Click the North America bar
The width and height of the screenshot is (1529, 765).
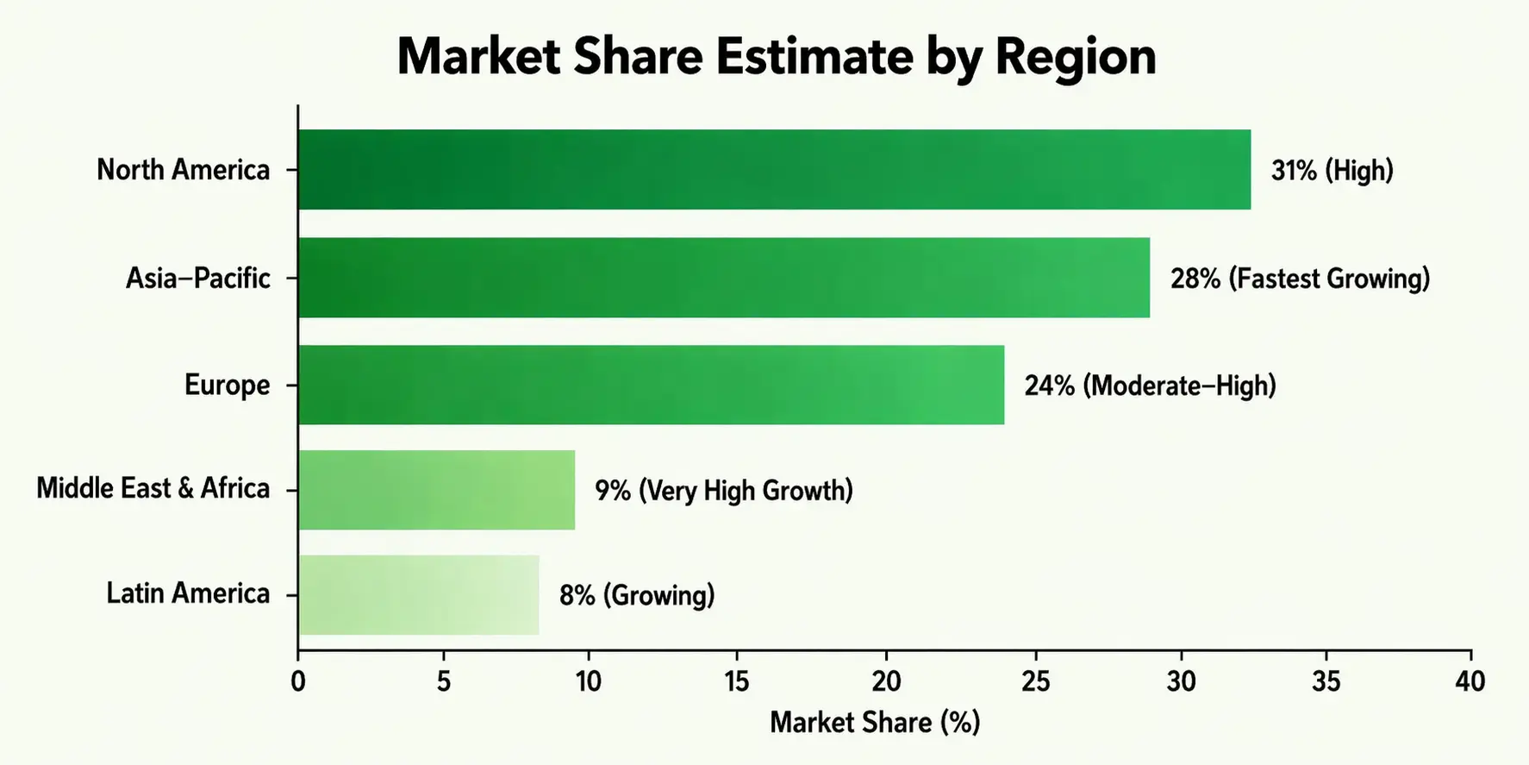click(x=774, y=170)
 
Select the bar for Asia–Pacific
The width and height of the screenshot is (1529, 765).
click(x=724, y=278)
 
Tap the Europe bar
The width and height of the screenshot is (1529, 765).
click(x=651, y=385)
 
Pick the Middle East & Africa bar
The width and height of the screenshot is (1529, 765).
click(x=436, y=490)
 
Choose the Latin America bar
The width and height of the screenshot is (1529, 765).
click(x=419, y=595)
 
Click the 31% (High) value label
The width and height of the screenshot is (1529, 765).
click(x=1332, y=171)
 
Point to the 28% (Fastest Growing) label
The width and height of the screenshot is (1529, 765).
click(x=1300, y=279)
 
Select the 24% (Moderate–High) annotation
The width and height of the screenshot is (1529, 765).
click(x=1150, y=385)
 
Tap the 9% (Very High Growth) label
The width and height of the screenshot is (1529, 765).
click(x=724, y=491)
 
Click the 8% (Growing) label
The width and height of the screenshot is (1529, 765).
click(x=637, y=595)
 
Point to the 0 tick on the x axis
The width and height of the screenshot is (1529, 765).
click(x=298, y=681)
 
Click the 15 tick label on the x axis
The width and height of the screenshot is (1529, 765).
click(x=737, y=681)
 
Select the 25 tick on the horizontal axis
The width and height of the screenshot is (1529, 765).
click(x=1035, y=681)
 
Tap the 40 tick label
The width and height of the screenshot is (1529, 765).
click(x=1470, y=681)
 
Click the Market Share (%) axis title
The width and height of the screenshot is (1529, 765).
click(x=875, y=722)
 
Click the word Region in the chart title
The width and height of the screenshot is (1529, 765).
click(x=1075, y=57)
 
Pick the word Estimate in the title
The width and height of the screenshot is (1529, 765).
click(x=814, y=57)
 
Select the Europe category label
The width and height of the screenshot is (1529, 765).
click(x=227, y=385)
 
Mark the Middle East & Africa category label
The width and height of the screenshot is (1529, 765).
click(x=153, y=488)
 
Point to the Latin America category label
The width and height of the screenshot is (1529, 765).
click(x=188, y=593)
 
